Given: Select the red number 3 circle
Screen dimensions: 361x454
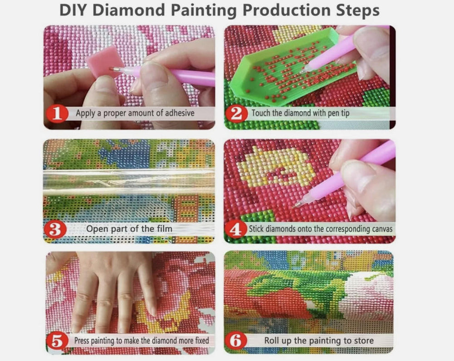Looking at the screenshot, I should point(55,228).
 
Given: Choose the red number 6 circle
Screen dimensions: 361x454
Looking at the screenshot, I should point(237,340).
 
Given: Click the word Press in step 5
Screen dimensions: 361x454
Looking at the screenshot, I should point(84,341).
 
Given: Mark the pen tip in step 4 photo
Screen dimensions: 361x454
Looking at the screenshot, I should point(297,204).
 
